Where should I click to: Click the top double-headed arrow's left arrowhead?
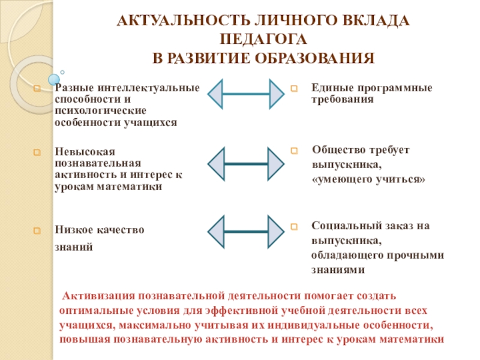pyautogui.click(x=216, y=94)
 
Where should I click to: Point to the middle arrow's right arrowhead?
pyautogui.click(x=275, y=164)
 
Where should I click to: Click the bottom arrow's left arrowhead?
pyautogui.click(x=216, y=231)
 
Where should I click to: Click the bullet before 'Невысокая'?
pyautogui.click(x=37, y=152)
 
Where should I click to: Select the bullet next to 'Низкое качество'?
pyautogui.click(x=37, y=230)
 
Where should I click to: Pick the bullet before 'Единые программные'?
pyautogui.click(x=294, y=88)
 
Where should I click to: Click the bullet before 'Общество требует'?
pyautogui.click(x=294, y=151)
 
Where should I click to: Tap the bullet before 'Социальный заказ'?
pyautogui.click(x=294, y=227)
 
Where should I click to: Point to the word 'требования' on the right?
pyautogui.click(x=343, y=99)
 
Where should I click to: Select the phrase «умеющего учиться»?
pyautogui.click(x=368, y=179)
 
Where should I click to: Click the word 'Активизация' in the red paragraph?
pyautogui.click(x=98, y=296)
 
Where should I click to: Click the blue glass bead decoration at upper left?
pyautogui.click(x=53, y=79)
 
